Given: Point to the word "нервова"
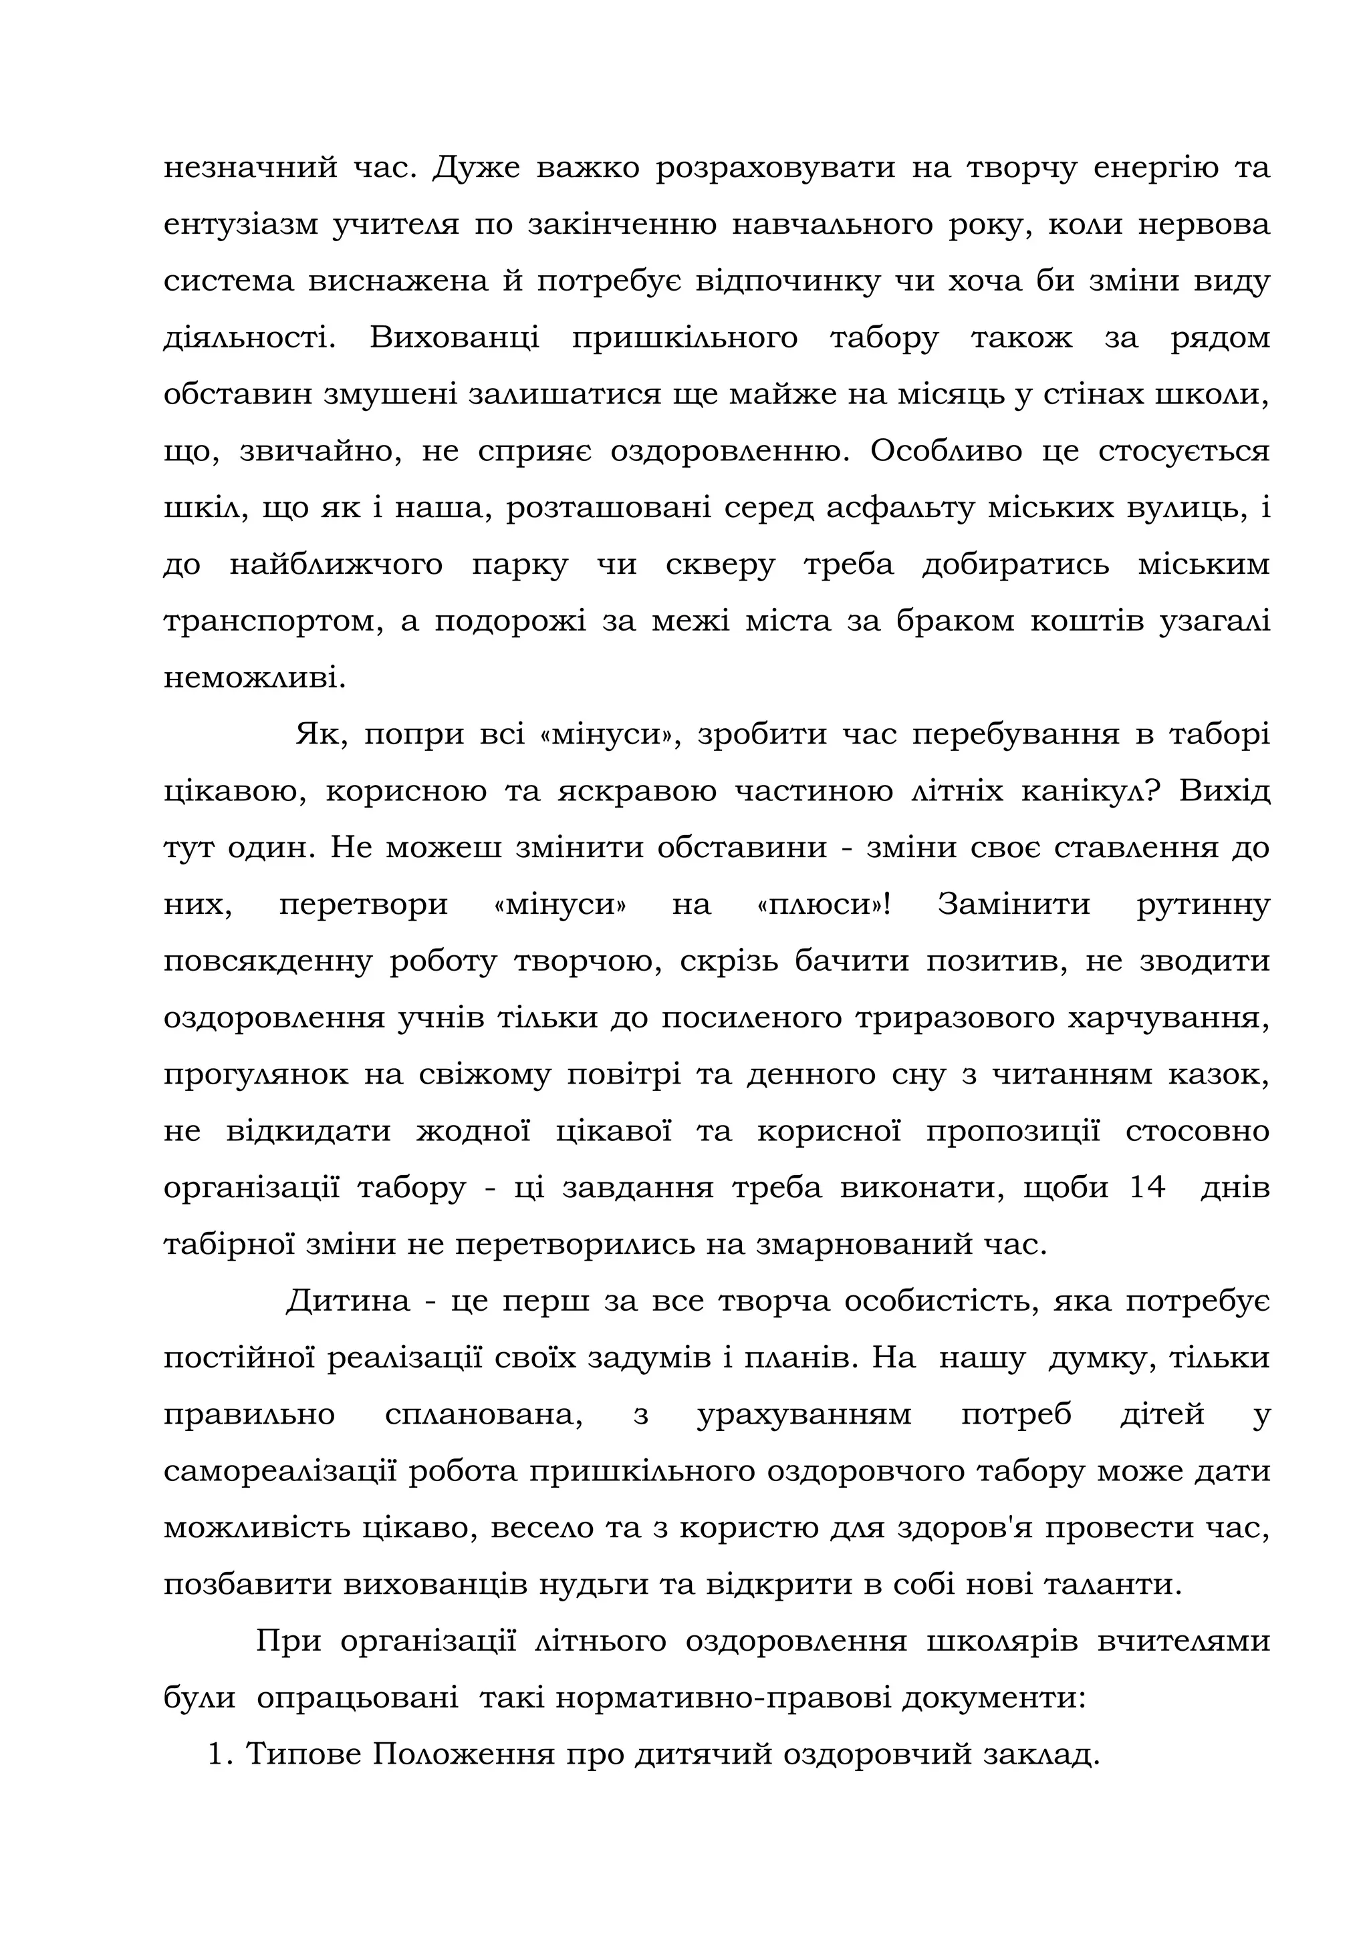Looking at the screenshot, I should click(x=1207, y=226).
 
